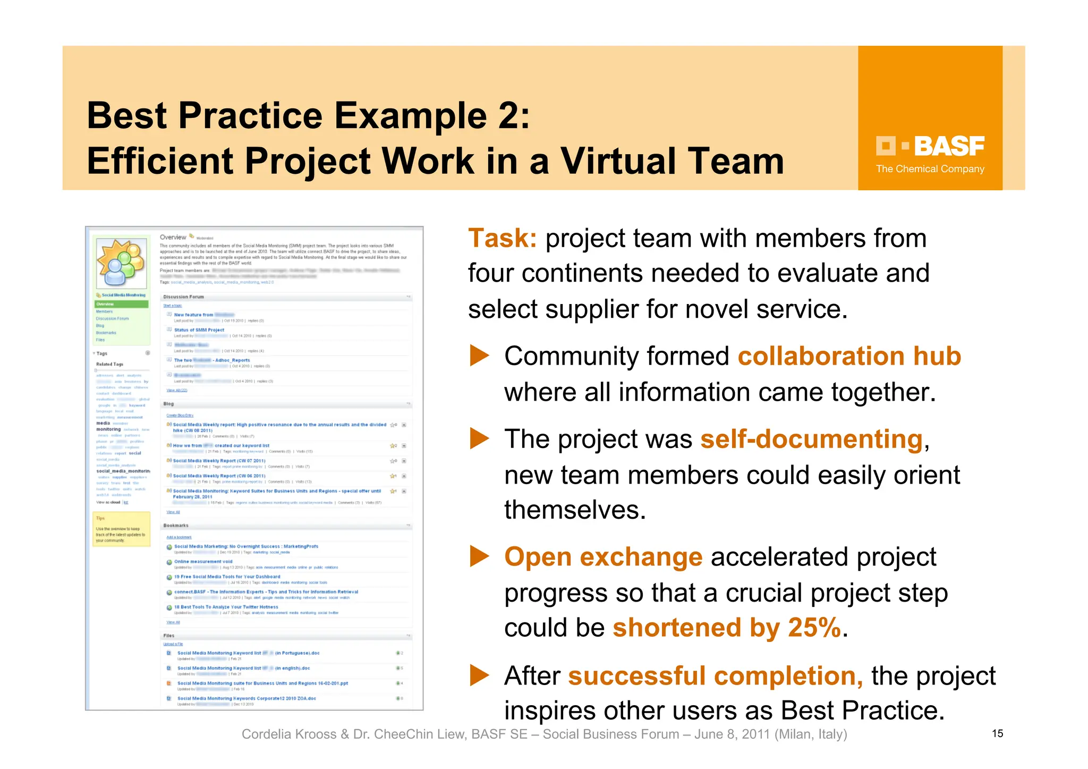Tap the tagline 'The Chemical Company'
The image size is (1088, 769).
(x=930, y=169)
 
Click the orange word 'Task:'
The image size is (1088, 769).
(x=502, y=239)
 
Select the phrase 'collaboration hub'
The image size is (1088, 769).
(x=849, y=356)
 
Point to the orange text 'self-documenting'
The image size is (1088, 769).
(x=811, y=440)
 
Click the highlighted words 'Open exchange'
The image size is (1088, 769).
(x=603, y=557)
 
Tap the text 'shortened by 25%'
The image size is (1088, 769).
(x=727, y=628)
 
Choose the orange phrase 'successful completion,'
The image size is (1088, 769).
(x=715, y=677)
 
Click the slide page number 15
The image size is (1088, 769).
(x=997, y=734)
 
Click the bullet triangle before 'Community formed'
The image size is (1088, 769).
(x=479, y=356)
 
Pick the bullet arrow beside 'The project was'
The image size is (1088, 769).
(x=479, y=439)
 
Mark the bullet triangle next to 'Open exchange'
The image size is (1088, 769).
(x=479, y=557)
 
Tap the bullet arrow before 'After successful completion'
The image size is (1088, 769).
(x=479, y=676)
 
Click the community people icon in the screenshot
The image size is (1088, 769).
(x=121, y=262)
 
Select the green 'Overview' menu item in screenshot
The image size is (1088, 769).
(x=122, y=305)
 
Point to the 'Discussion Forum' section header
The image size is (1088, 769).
(x=184, y=297)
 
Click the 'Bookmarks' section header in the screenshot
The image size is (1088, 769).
(x=176, y=526)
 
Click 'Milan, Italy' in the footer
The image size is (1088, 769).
(x=810, y=734)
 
